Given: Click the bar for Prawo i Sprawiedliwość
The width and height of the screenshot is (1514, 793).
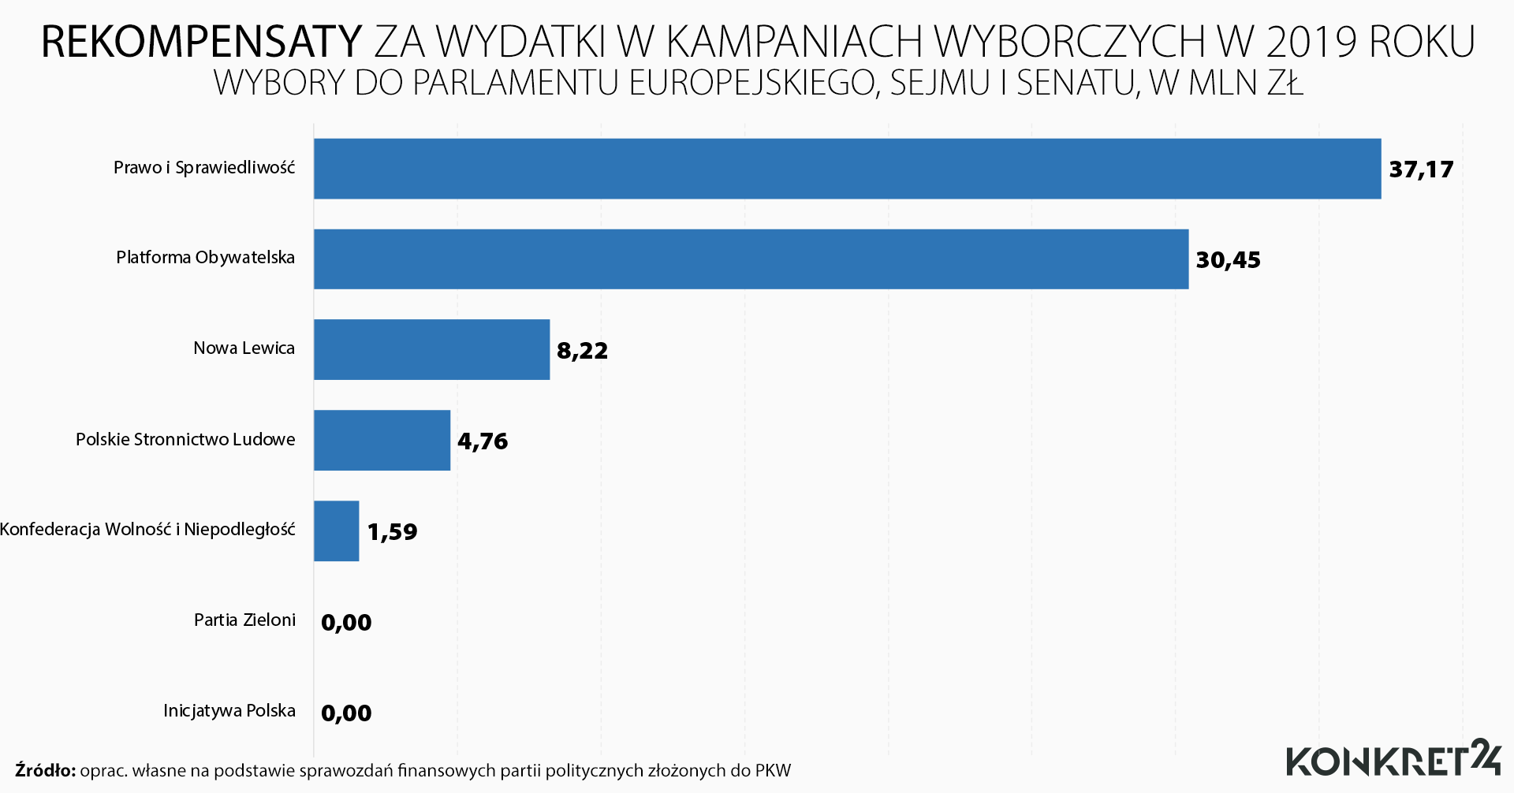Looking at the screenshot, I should point(847,169).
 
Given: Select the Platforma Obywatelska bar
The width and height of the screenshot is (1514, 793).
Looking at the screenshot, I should point(751,259).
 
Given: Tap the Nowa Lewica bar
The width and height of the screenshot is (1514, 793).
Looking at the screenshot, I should point(431,349).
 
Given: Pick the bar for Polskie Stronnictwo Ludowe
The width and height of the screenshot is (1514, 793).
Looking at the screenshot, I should point(382,440).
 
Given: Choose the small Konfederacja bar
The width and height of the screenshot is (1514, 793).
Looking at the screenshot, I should point(337,531).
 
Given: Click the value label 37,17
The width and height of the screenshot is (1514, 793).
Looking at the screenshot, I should point(1421,169).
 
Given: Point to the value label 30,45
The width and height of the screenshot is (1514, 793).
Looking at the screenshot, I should point(1228,260).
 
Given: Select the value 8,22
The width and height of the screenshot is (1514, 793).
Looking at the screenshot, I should point(582,351).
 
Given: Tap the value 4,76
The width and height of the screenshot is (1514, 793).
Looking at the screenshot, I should point(483,441).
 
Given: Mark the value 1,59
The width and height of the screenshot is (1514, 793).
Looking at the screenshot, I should point(392,532).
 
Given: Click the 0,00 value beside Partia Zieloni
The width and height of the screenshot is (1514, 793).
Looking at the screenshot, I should point(346,623).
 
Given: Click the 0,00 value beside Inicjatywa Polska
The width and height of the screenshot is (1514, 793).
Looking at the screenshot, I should point(346,713).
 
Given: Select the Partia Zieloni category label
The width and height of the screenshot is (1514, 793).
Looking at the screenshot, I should point(244,620).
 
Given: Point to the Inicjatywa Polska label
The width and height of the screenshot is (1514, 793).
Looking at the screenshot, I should point(229,711).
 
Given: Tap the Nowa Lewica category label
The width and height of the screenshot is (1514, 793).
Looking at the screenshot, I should point(244,348).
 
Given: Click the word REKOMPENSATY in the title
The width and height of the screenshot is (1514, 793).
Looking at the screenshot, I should point(201,42).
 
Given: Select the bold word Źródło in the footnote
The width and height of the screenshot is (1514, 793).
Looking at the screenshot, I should point(45,770).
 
